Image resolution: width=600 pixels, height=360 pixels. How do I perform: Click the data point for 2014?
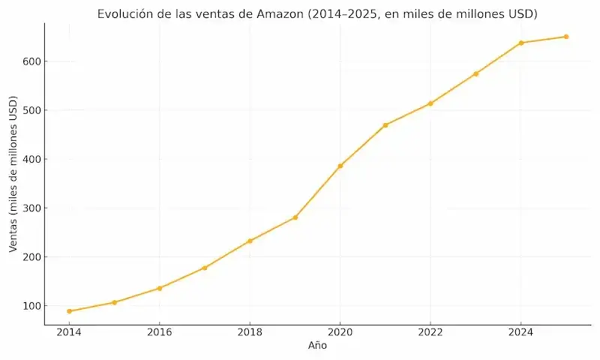coord(69,311)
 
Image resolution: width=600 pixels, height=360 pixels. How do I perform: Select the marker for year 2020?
coord(340,166)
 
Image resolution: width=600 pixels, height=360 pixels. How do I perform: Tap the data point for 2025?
coord(566,37)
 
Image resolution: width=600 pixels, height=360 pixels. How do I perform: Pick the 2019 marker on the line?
coord(295,217)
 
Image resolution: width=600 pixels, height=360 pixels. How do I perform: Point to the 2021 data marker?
coord(385,125)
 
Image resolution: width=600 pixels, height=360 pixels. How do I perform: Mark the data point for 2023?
coord(475,73)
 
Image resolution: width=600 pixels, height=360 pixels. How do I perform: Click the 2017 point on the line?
coord(205,268)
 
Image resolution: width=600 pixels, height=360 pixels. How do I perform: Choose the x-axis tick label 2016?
coord(159,332)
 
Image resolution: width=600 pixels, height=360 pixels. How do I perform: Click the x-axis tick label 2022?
coord(430,332)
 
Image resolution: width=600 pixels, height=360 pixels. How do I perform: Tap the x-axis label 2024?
coord(520,332)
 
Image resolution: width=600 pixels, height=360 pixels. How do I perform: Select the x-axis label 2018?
coord(250,332)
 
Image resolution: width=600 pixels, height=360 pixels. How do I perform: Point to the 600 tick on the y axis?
coord(30,61)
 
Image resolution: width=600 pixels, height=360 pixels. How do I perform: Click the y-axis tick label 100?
coord(30,306)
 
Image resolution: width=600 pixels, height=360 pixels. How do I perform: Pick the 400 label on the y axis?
coord(30,159)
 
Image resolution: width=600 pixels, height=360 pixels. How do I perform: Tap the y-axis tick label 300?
coord(30,208)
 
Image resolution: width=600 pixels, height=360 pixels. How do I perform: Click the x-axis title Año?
coord(317,346)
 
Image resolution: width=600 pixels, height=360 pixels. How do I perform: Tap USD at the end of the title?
coord(524,14)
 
